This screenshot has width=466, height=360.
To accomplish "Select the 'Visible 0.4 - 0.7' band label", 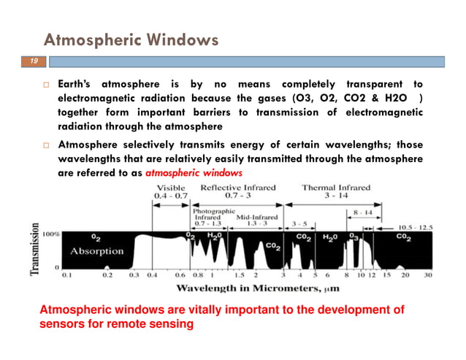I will [x=172, y=192].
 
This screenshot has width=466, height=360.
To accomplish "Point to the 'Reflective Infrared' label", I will [x=234, y=188].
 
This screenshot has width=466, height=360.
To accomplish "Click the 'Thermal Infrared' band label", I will [x=337, y=188].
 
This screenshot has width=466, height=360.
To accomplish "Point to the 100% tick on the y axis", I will [x=51, y=235].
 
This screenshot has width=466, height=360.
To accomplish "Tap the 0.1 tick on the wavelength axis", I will [x=66, y=277].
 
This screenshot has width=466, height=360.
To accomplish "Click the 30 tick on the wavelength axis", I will [x=428, y=277].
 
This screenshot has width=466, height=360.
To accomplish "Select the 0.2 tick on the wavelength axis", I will [x=107, y=277].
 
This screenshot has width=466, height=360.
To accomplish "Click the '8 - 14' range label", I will [x=362, y=212].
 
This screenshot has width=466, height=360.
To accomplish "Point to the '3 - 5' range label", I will [x=299, y=223].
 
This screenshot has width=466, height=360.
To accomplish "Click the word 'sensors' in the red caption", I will [x=59, y=324].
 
